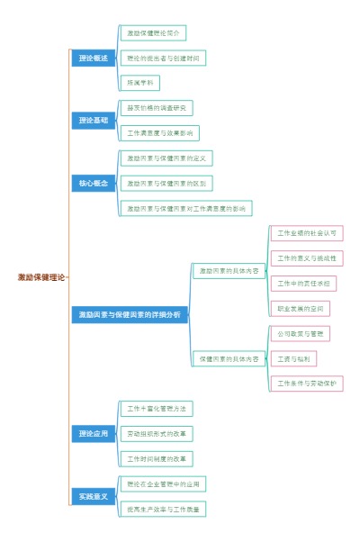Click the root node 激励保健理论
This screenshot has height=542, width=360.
coord(41,277)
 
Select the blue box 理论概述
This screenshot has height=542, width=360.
coord(93,59)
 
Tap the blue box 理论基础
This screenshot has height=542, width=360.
coord(93,120)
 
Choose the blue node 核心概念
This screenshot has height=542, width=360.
coord(93,183)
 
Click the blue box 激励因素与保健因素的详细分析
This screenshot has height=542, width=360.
coord(129,315)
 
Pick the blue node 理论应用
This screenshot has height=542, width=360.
coord(93,434)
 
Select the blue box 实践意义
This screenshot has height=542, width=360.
coord(93,496)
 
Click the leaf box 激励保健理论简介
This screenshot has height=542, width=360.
coord(153,33)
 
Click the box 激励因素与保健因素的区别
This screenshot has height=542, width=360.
coord(166,183)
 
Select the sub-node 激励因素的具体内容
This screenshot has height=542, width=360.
coord(229,270)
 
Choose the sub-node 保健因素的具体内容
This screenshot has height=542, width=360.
coord(229,359)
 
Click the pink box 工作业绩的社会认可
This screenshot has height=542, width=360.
coord(307,233)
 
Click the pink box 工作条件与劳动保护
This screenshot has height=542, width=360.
coord(307,384)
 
